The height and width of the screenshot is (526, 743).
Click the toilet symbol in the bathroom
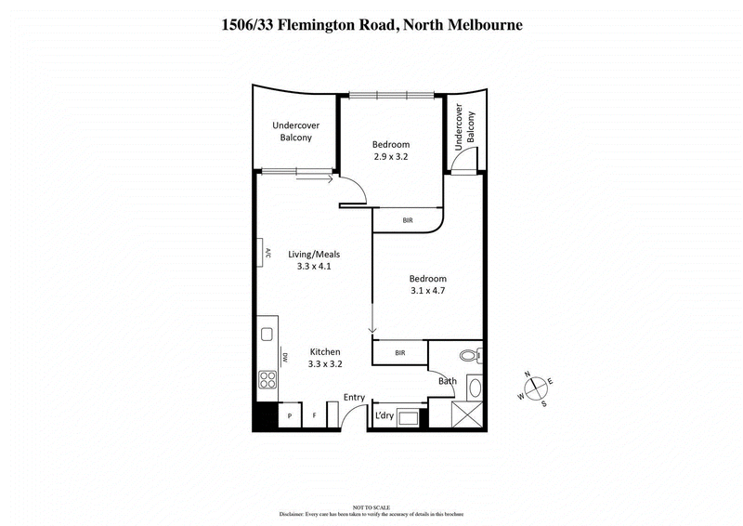[469, 354]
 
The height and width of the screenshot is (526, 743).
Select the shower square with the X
[467, 415]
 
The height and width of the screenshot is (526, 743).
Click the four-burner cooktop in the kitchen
[267, 379]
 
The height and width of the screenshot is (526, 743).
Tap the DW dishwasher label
[286, 356]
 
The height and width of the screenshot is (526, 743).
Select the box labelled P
[291, 415]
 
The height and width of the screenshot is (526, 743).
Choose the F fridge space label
[315, 415]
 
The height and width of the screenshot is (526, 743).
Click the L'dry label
[385, 415]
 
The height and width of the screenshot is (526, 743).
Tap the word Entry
[355, 398]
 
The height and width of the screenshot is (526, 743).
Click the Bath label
[448, 381]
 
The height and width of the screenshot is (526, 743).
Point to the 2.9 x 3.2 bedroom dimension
[390, 157]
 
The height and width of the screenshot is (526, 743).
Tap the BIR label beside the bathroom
[399, 353]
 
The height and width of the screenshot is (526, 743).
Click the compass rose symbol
[535, 387]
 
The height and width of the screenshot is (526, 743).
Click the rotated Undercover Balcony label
[463, 129]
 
